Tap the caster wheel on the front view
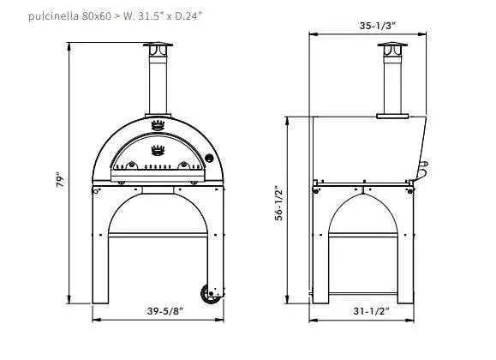209,293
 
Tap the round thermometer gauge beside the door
207,159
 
